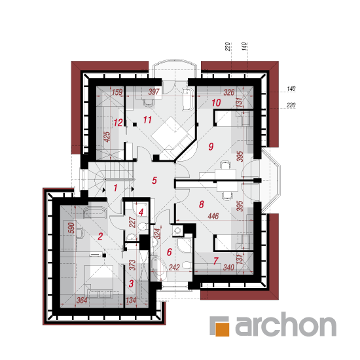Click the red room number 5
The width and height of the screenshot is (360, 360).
(x=154, y=181)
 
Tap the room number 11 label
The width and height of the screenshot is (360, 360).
(x=147, y=120)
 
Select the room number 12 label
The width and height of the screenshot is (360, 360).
(x=118, y=122)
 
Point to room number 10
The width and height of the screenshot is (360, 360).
(x=216, y=103)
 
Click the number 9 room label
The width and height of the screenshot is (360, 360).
(x=211, y=147)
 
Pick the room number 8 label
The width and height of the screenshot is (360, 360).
(x=202, y=204)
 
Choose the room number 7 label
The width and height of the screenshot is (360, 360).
(x=215, y=261)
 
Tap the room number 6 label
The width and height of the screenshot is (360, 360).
(x=170, y=252)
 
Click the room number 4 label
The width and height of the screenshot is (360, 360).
(x=141, y=212)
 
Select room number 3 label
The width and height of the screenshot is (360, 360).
(x=131, y=283)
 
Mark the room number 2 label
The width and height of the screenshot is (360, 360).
(x=100, y=236)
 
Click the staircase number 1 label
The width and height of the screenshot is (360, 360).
(x=115, y=188)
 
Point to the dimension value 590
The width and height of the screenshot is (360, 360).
(x=72, y=228)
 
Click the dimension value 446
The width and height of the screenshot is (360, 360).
(x=213, y=216)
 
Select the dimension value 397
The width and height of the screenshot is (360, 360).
(x=154, y=92)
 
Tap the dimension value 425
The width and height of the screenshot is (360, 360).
(x=107, y=137)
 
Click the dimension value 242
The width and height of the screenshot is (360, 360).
(x=174, y=268)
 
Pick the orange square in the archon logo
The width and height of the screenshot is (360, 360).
(x=223, y=329)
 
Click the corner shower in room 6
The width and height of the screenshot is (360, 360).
(x=185, y=245)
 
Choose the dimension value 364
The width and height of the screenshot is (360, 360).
(x=82, y=300)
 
